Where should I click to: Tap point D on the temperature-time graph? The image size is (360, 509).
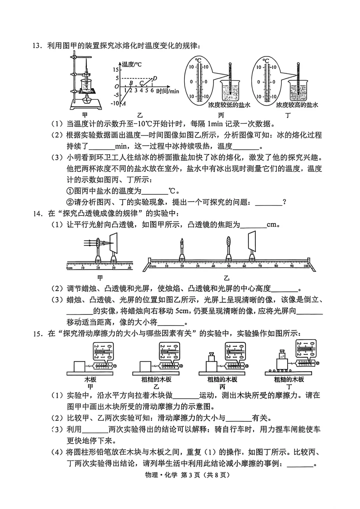(154, 79)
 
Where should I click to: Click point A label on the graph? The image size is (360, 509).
(124, 103)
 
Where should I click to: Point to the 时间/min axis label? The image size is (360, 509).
(167, 91)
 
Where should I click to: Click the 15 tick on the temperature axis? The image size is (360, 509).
(115, 70)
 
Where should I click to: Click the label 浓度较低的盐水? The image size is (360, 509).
(229, 105)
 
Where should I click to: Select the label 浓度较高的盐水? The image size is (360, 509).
(297, 105)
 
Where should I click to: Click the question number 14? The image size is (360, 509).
(38, 214)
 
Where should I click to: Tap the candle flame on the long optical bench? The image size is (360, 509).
(182, 241)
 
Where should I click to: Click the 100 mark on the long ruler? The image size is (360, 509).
(306, 266)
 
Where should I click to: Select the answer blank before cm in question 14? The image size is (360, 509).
(253, 225)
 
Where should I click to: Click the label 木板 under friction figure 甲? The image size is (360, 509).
(90, 379)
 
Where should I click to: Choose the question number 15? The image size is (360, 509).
(38, 334)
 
